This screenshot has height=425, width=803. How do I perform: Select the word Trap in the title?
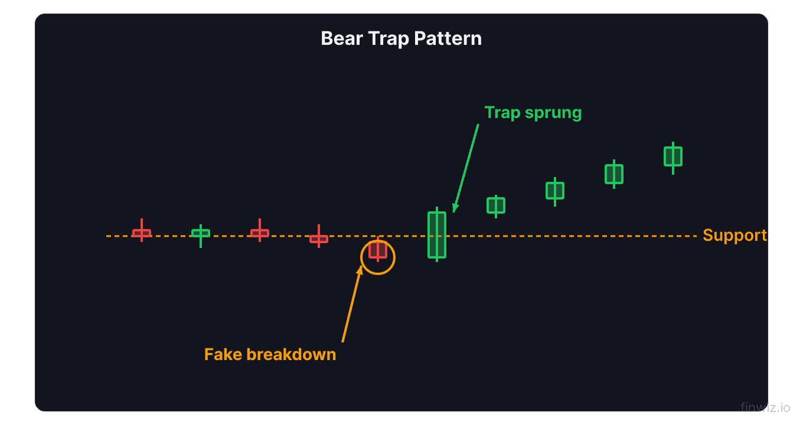pyautogui.click(x=389, y=38)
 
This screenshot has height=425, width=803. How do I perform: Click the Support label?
pyautogui.click(x=735, y=236)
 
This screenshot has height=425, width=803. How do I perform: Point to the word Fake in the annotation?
pyautogui.click(x=223, y=354)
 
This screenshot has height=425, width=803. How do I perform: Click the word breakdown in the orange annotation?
pyautogui.click(x=291, y=354)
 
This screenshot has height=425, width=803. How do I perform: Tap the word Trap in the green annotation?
pyautogui.click(x=502, y=113)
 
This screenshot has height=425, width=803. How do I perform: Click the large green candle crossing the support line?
pyautogui.click(x=437, y=235)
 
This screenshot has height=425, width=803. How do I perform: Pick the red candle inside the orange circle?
pyautogui.click(x=378, y=250)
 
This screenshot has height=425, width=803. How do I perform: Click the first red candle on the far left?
pyautogui.click(x=142, y=233)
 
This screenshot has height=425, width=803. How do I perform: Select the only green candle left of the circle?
pyautogui.click(x=201, y=233)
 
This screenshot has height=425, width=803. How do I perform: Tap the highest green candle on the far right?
pyautogui.click(x=673, y=156)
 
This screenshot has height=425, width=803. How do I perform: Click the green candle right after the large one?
pyautogui.click(x=496, y=205)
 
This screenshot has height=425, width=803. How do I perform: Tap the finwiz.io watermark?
pyautogui.click(x=765, y=407)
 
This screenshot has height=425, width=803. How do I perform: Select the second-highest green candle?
pyautogui.click(x=614, y=174)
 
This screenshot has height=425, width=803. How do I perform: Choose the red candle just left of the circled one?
pyautogui.click(x=319, y=238)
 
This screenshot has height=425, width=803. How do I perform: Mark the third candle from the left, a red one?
pyautogui.click(x=260, y=233)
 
